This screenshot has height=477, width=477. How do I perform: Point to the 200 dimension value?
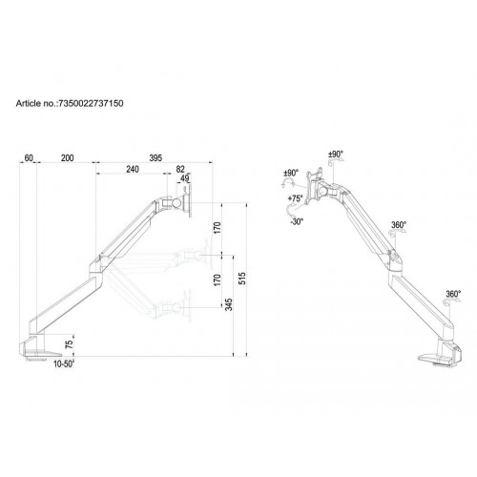click(67, 156)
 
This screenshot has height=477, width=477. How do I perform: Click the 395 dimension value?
click(155, 156)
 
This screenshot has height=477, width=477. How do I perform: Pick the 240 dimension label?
click(133, 169)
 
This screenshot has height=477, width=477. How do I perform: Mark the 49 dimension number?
click(184, 178)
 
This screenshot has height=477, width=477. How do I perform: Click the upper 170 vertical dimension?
click(218, 230)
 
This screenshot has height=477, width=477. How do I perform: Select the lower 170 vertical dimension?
click(218, 280)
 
